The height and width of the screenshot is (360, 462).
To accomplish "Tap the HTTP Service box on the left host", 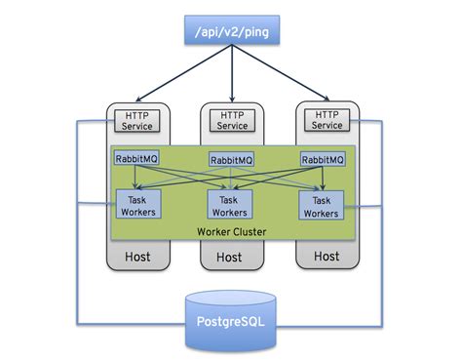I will click(136, 120).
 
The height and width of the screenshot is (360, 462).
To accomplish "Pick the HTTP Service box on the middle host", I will click(231, 120).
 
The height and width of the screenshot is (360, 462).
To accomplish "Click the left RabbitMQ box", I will click(136, 159).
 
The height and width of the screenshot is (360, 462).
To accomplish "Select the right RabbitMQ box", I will click(323, 159).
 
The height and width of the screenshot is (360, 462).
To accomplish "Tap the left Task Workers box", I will click(136, 204).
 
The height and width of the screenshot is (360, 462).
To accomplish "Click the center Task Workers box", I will click(231, 204).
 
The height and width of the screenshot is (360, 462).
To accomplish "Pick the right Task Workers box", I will click(323, 204).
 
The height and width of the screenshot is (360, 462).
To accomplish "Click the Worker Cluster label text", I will click(230, 231).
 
